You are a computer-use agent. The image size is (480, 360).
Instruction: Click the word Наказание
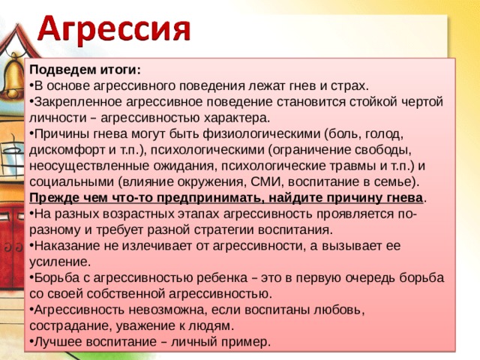[x=68, y=245]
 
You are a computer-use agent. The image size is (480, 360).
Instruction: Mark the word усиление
[x=59, y=262]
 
